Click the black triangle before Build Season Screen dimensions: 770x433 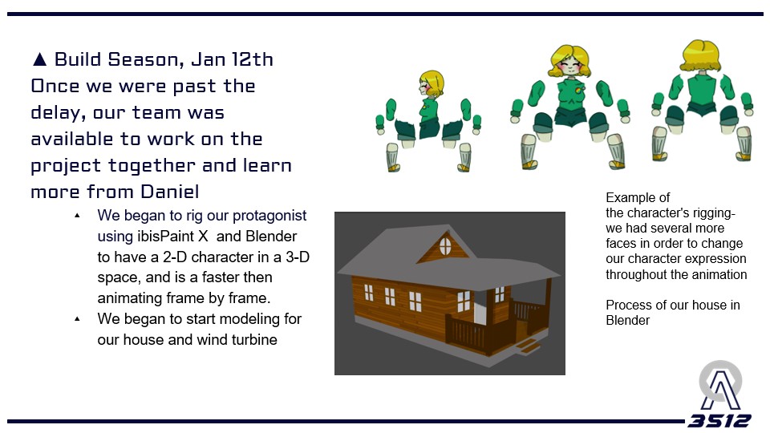click(40, 59)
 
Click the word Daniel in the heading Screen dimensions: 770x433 click(169, 192)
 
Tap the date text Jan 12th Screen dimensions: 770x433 click(233, 59)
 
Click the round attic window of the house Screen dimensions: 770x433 click(445, 246)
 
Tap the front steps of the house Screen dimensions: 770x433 click(527, 345)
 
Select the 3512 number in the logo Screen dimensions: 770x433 click(719, 421)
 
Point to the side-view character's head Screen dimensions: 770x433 click(431, 84)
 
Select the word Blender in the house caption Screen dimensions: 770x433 click(627, 320)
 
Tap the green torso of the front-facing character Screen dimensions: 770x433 click(570, 96)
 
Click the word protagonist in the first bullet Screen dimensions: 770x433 click(269, 216)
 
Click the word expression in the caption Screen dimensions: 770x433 click(715, 259)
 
